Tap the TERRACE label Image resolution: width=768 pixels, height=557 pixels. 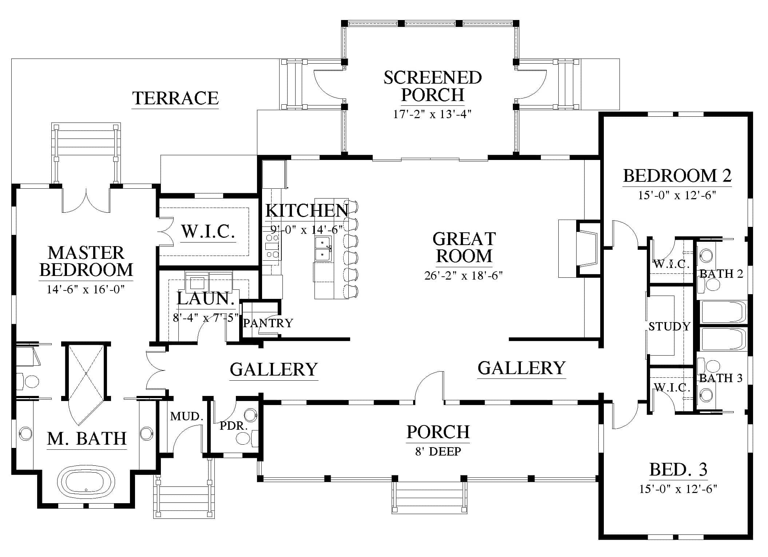click(x=175, y=98)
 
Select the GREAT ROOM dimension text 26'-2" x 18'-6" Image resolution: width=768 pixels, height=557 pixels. click(x=463, y=276)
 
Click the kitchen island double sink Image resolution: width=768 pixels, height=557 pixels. click(x=323, y=249)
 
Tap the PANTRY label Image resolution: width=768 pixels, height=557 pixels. click(x=268, y=323)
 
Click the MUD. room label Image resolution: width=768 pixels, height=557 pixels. click(x=186, y=416)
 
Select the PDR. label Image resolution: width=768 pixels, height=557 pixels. click(x=233, y=426)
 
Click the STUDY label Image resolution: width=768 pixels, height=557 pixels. click(x=669, y=326)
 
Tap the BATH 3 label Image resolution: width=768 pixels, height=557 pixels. click(x=721, y=378)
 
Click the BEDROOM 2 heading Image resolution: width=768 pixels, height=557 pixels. click(x=677, y=176)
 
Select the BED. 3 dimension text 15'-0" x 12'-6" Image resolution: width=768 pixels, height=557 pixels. click(x=678, y=489)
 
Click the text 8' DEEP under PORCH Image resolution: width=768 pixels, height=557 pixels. click(x=438, y=452)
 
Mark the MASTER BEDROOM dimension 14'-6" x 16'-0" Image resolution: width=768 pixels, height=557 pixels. click(x=86, y=289)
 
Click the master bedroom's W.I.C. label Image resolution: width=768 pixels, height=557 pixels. click(x=208, y=231)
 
